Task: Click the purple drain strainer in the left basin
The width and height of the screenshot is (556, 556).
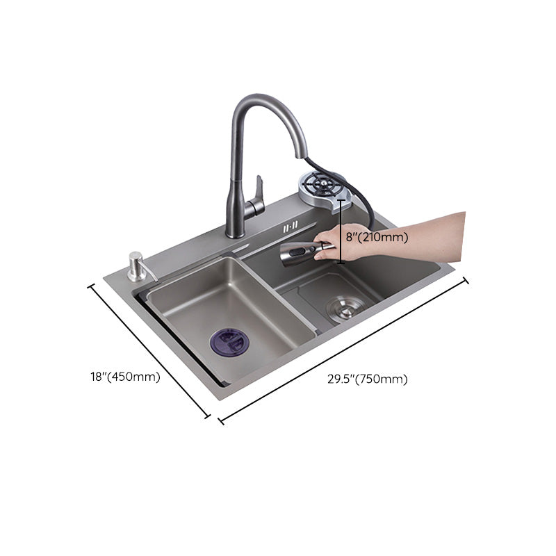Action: pos(229,342)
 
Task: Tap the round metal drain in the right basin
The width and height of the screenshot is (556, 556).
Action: pos(345,306)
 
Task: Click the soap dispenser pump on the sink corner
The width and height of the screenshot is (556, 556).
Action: pos(136,265)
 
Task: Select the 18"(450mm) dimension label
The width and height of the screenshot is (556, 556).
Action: pos(125,377)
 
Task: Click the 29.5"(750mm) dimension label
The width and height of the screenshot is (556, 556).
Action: pos(368,379)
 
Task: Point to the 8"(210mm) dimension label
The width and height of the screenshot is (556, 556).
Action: pos(377,237)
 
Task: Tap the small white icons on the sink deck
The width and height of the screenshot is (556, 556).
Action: pos(291,226)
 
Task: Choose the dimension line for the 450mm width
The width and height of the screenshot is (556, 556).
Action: pos(149,351)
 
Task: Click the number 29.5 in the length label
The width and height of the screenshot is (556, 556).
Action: pos(340,379)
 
